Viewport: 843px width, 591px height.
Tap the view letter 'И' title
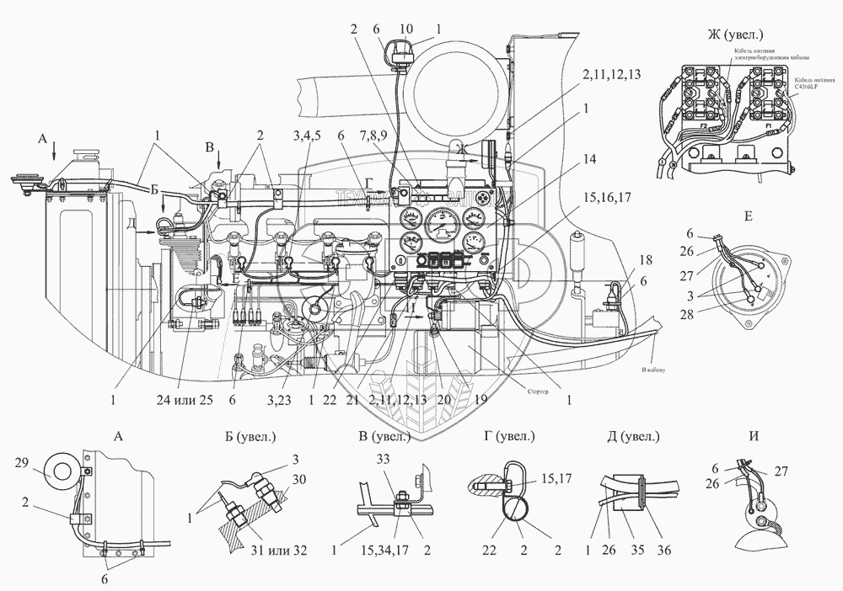point(742,437)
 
